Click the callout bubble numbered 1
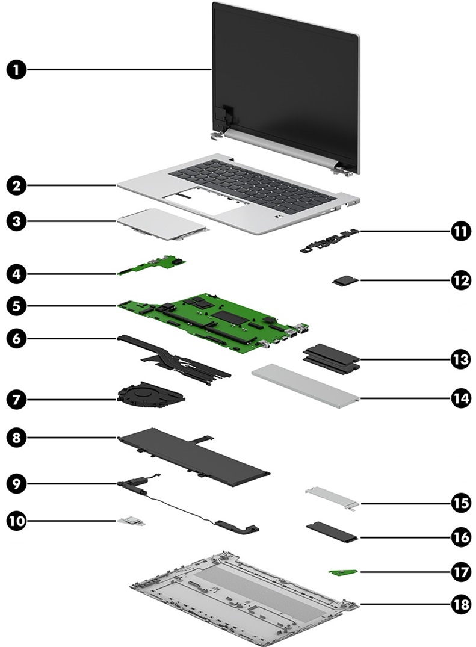tap(17, 70)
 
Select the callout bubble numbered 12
tap(461, 280)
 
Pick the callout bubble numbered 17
tap(461, 571)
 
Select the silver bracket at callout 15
tap(332, 498)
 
